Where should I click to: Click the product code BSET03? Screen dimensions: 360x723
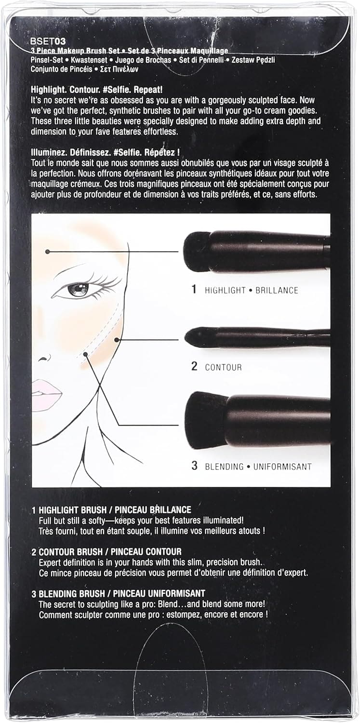tap(48, 41)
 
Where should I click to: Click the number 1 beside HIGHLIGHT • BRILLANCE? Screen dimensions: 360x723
tap(194, 289)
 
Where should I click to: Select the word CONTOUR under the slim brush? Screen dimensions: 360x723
tap(223, 367)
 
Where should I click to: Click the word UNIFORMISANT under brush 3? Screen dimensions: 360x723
tap(282, 467)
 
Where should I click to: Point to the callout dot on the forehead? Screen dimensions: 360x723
tap(47, 252)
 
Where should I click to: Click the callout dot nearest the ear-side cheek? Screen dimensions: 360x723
tap(117, 340)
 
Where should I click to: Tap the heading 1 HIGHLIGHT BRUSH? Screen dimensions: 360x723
tap(69, 509)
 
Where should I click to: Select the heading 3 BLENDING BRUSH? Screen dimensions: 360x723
tap(68, 593)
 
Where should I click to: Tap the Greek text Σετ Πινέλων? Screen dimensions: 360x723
tap(120, 69)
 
